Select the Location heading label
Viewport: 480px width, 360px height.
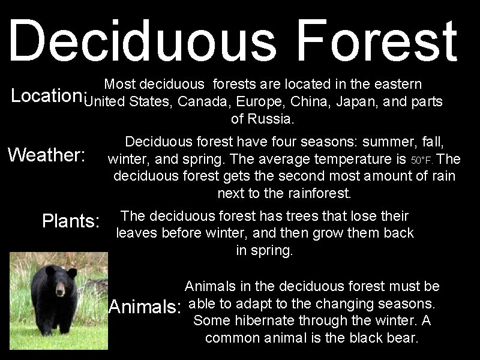coord(45,97)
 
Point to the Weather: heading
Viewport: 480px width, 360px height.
coord(48,155)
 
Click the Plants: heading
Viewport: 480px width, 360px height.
coord(71,221)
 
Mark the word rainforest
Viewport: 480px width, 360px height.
coord(319,194)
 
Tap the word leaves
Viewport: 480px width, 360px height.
coord(137,233)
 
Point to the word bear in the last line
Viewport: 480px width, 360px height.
coord(403,338)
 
